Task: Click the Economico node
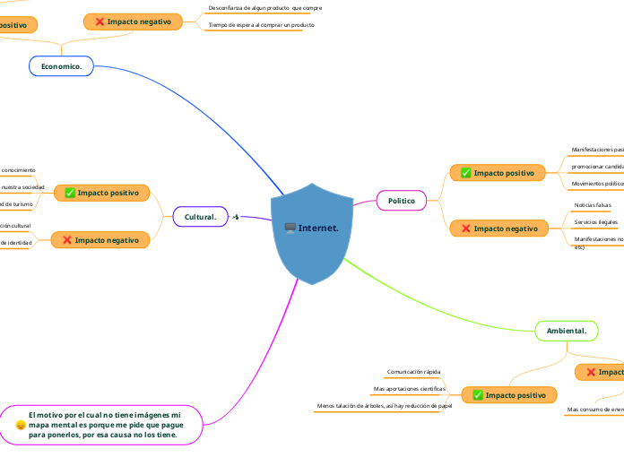pos(61,66)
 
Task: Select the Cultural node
pos(200,217)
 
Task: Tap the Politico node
pos(401,201)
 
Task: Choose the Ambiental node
pos(566,332)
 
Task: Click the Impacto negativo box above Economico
pos(133,21)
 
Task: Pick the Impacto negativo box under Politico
pos(498,229)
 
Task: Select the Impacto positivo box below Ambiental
pos(507,394)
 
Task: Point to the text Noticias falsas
pos(592,205)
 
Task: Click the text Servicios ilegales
pos(595,221)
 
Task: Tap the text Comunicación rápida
pos(413,371)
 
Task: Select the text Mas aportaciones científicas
pos(409,389)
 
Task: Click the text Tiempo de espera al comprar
pos(261,25)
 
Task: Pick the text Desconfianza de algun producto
pos(264,7)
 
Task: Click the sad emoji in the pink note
pos(21,426)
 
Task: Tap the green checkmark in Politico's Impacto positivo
pos(465,172)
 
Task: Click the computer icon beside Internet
pos(290,228)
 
